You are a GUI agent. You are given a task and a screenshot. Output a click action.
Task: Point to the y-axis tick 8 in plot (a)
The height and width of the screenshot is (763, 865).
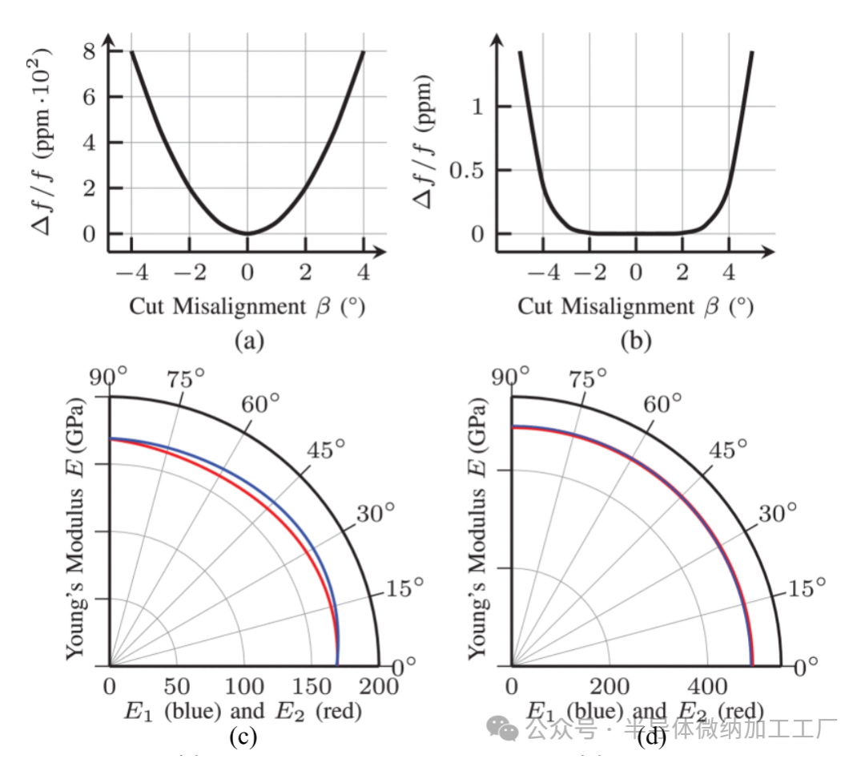click(93, 50)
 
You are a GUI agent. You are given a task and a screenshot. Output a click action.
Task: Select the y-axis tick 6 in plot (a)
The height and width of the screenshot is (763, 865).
click(93, 97)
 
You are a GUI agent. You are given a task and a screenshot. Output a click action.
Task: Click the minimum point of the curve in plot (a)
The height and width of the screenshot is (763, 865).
click(247, 233)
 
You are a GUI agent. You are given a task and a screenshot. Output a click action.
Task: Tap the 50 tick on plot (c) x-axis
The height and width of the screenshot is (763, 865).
click(176, 686)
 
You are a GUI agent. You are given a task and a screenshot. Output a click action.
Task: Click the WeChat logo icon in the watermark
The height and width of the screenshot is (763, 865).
click(505, 729)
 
